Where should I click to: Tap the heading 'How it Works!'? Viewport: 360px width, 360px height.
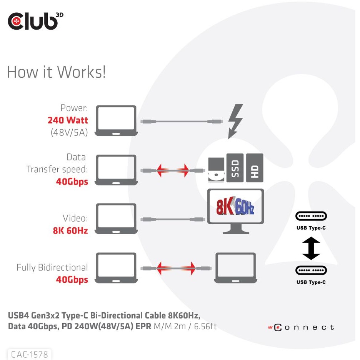coord(56,72)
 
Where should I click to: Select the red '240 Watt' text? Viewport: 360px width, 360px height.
coord(68,120)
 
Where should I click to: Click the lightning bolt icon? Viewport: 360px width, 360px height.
coord(235,121)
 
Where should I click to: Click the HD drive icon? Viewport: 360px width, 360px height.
coord(254,168)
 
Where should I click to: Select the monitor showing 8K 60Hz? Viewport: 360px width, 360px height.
coord(235,210)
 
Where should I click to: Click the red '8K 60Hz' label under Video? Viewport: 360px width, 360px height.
coord(70,231)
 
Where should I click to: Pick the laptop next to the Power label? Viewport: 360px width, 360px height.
coord(116,121)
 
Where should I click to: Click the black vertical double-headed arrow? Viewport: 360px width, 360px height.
coord(311,248)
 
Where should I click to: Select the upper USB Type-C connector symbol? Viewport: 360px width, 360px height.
coord(311,216)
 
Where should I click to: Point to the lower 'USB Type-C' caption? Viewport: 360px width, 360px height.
coord(311,282)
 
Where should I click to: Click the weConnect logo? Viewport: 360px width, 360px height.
coord(301,327)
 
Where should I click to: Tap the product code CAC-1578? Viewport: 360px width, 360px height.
coord(30,354)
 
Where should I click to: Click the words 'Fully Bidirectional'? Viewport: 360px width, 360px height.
coord(52,267)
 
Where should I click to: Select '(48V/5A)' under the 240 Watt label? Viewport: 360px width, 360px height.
coord(69,132)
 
